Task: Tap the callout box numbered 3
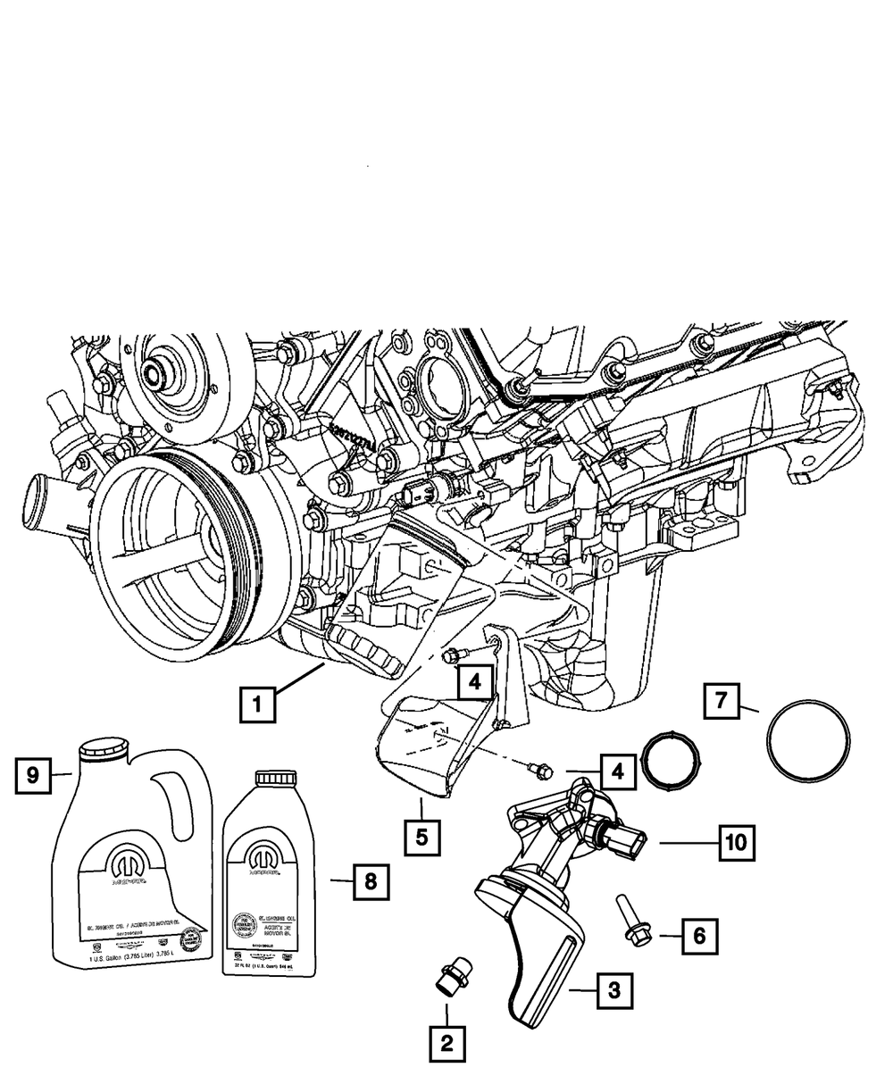point(612,989)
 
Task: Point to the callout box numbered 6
point(699,935)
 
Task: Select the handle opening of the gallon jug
point(179,795)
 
